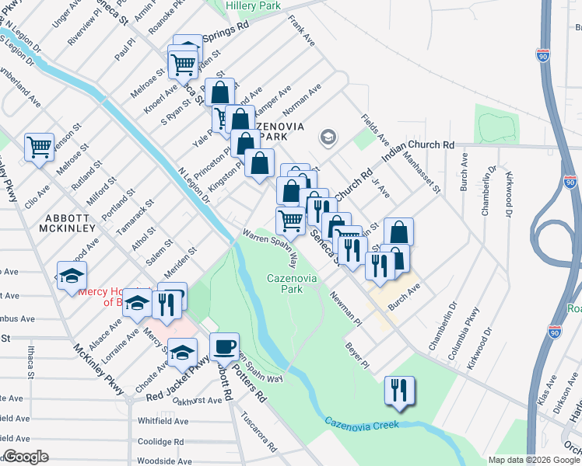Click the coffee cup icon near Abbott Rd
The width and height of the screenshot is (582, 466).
coord(224,346)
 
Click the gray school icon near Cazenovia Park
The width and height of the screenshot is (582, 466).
coord(328,137)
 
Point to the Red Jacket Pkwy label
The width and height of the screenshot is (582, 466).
coord(178,381)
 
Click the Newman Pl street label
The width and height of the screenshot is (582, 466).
coord(345,306)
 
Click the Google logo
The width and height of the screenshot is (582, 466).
coord(26,457)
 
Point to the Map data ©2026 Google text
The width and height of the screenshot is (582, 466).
coord(532,460)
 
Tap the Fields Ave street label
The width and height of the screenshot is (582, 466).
coord(374,128)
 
